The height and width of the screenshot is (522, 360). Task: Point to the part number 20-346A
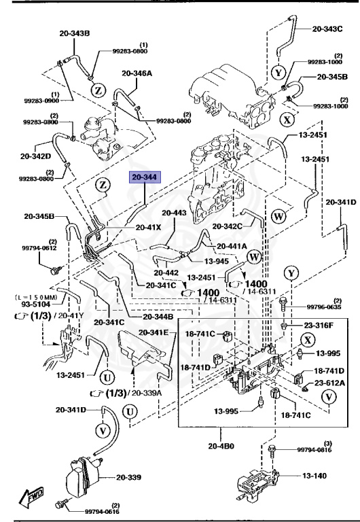coord(137,73)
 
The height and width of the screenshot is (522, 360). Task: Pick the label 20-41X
coord(148,228)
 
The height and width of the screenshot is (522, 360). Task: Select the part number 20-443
coord(175,213)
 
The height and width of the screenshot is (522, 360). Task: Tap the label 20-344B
coord(158,317)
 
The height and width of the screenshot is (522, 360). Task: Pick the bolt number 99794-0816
coord(316,449)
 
